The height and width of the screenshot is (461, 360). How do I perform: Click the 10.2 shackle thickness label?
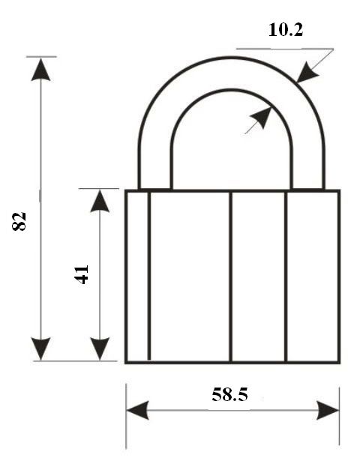pos(286,30)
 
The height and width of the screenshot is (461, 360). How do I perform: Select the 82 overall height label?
pos(19,221)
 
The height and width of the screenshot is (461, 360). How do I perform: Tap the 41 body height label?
pos(82,274)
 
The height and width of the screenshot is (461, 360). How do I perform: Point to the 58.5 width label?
pos(229,394)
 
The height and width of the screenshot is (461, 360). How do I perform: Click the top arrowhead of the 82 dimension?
pos(41,70)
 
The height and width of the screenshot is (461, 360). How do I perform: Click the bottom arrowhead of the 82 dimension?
pos(41,349)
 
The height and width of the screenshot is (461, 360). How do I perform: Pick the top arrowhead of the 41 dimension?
pos(100,201)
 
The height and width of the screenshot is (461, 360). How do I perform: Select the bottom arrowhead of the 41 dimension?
pos(100,349)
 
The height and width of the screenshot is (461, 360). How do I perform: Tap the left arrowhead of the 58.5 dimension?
pos(138,409)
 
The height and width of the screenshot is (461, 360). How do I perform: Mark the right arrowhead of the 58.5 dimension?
pos(328,410)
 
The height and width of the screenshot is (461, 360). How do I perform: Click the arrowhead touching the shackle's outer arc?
pos(307,72)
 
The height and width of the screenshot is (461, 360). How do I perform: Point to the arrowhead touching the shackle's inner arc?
pos(261,117)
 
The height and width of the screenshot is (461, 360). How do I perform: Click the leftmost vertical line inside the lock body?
pos(148,276)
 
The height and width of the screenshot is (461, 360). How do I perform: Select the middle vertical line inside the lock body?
pos(230,277)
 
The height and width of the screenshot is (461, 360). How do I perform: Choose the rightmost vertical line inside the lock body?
pos(286,277)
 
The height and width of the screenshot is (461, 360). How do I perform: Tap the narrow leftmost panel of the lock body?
pos(138,277)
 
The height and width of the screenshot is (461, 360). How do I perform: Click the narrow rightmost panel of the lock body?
pos(312,277)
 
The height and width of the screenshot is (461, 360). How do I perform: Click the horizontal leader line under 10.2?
pos(285,49)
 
